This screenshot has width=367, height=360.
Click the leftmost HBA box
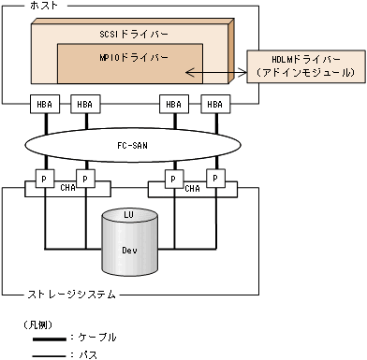pyautogui.click(x=45, y=104)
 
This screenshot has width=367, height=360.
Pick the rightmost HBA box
pyautogui.click(x=215, y=104)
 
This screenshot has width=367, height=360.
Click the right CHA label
pyautogui.click(x=192, y=188)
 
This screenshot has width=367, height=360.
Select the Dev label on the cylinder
pyautogui.click(x=130, y=250)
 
